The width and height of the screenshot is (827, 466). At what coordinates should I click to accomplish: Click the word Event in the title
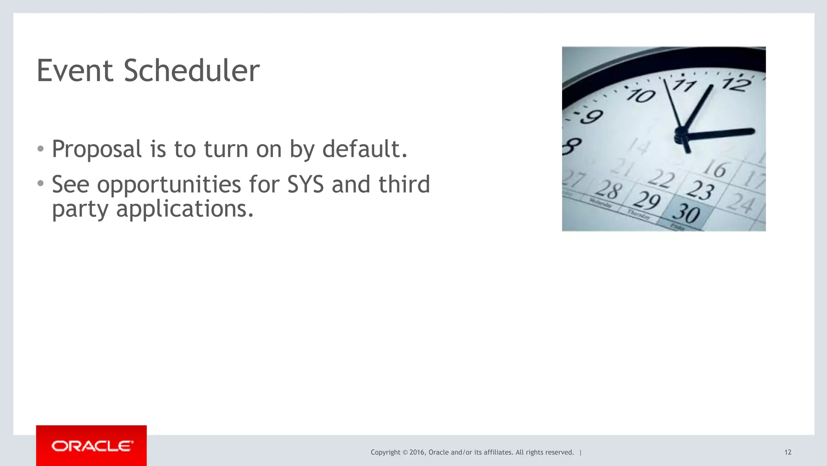tap(75, 71)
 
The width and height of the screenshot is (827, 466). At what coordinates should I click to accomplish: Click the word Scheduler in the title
tap(191, 71)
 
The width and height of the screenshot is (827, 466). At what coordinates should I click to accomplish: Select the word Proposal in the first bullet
tap(97, 149)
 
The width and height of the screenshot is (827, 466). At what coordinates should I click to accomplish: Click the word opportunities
tap(169, 185)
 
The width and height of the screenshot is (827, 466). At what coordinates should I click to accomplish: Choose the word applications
tap(185, 209)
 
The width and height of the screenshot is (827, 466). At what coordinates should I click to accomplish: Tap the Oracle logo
tap(92, 446)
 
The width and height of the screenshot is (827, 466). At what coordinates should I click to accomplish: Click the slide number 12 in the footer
tap(788, 452)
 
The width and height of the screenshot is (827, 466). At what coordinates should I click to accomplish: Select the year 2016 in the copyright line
tap(417, 452)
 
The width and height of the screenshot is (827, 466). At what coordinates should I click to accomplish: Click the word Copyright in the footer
tap(385, 452)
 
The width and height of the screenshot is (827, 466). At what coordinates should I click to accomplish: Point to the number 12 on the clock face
tap(737, 84)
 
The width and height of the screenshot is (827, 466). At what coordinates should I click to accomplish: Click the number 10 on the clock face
tap(641, 96)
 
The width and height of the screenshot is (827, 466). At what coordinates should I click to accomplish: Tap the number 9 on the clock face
tap(592, 117)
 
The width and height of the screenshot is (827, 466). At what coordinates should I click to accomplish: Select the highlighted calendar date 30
tap(686, 213)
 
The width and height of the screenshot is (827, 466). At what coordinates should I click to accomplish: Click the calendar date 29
tap(646, 200)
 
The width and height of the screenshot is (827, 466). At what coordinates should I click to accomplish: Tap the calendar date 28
tap(609, 190)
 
